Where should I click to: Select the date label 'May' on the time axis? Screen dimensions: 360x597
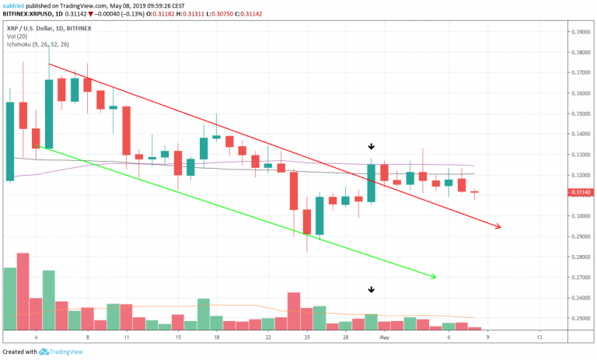tap(383, 339)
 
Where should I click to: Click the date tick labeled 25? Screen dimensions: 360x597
tap(307, 339)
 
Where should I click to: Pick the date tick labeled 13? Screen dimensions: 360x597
tap(539, 339)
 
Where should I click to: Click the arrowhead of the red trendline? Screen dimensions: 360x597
tap(498, 227)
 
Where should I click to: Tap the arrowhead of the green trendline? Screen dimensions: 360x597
tap(434, 277)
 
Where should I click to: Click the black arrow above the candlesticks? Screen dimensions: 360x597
tap(372, 146)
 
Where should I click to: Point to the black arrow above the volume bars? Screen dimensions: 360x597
tap(372, 290)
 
